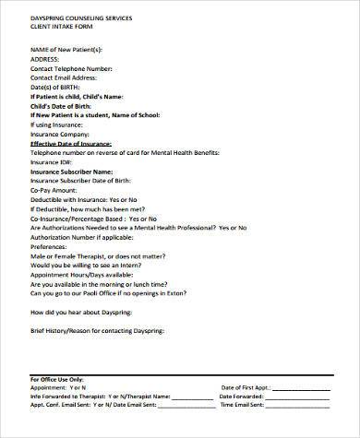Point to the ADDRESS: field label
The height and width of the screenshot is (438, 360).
click(x=48, y=57)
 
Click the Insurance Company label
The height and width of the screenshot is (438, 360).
click(x=63, y=135)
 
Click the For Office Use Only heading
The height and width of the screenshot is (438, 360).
click(x=56, y=379)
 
